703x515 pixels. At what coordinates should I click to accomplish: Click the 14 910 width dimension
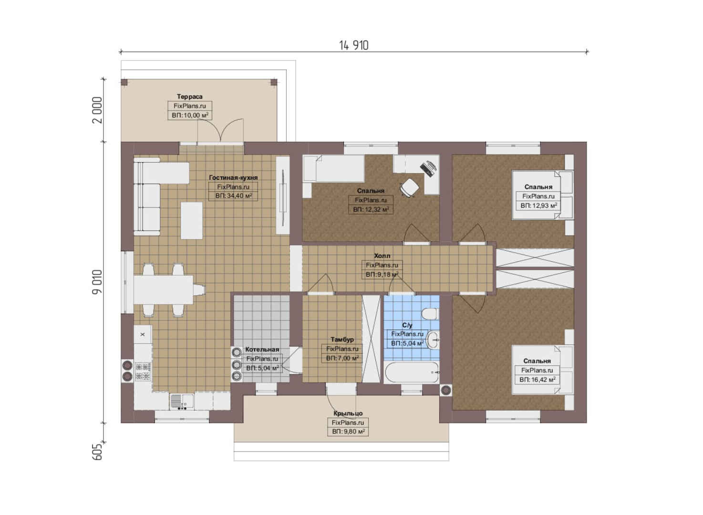(354, 45)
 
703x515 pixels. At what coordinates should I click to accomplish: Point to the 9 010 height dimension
(97, 281)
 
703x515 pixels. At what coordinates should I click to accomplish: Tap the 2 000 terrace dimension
(97, 110)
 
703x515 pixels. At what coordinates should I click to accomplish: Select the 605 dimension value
(97, 452)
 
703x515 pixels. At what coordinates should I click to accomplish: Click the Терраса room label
(189, 97)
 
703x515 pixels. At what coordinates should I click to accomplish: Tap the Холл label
(382, 256)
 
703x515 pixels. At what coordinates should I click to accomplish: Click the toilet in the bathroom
(430, 313)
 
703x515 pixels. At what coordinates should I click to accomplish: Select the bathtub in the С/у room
(411, 372)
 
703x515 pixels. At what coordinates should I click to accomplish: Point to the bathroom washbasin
(434, 340)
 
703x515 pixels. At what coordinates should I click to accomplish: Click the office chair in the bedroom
(409, 188)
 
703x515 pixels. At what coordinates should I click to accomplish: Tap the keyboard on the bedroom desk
(428, 168)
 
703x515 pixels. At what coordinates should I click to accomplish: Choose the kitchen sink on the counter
(182, 402)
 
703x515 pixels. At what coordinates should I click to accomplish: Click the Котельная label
(262, 350)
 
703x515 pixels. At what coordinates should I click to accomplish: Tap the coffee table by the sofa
(191, 220)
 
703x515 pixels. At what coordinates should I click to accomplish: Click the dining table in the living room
(163, 289)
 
